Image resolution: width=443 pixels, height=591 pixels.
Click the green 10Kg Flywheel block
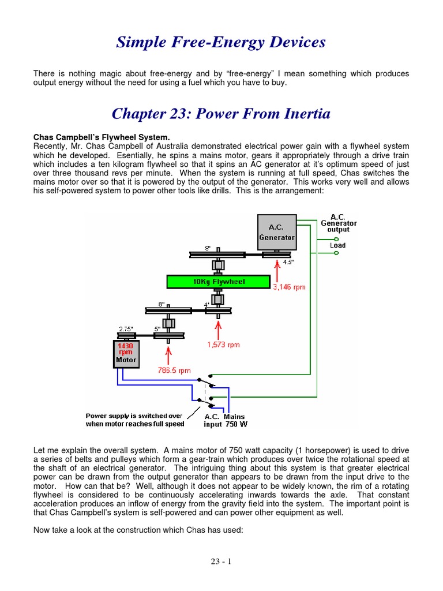218,282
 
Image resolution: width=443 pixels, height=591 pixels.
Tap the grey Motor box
126,353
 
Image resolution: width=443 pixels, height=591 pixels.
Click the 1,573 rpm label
223,345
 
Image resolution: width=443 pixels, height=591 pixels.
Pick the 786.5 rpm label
175,372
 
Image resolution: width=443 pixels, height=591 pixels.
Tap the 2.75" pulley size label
126,329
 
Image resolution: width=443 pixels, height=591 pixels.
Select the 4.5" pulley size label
288,262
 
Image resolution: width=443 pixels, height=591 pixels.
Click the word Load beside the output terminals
338,245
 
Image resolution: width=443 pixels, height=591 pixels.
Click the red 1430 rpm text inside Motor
126,348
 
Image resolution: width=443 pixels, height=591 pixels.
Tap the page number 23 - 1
221,561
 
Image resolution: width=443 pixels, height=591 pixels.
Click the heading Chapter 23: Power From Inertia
221,114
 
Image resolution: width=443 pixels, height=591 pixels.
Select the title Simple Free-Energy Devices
221,42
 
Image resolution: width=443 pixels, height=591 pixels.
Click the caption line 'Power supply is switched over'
134,416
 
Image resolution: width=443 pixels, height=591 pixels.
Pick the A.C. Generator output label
339,223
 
